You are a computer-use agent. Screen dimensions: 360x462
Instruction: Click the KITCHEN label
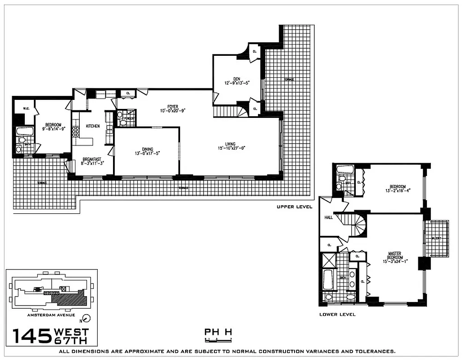pos(93,126)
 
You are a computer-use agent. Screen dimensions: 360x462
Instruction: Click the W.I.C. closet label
pos(21,108)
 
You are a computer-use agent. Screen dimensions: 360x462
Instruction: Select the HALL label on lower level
pos(328,217)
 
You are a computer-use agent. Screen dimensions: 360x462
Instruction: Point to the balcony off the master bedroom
pos(437,238)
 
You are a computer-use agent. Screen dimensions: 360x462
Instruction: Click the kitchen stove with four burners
pos(76,131)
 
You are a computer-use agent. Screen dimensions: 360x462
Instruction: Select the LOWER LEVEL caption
pos(337,314)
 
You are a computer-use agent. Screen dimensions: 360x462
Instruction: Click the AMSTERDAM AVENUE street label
pos(51,315)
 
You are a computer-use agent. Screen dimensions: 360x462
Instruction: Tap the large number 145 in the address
pos(32,336)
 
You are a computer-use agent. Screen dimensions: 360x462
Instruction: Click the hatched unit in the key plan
pos(68,297)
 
